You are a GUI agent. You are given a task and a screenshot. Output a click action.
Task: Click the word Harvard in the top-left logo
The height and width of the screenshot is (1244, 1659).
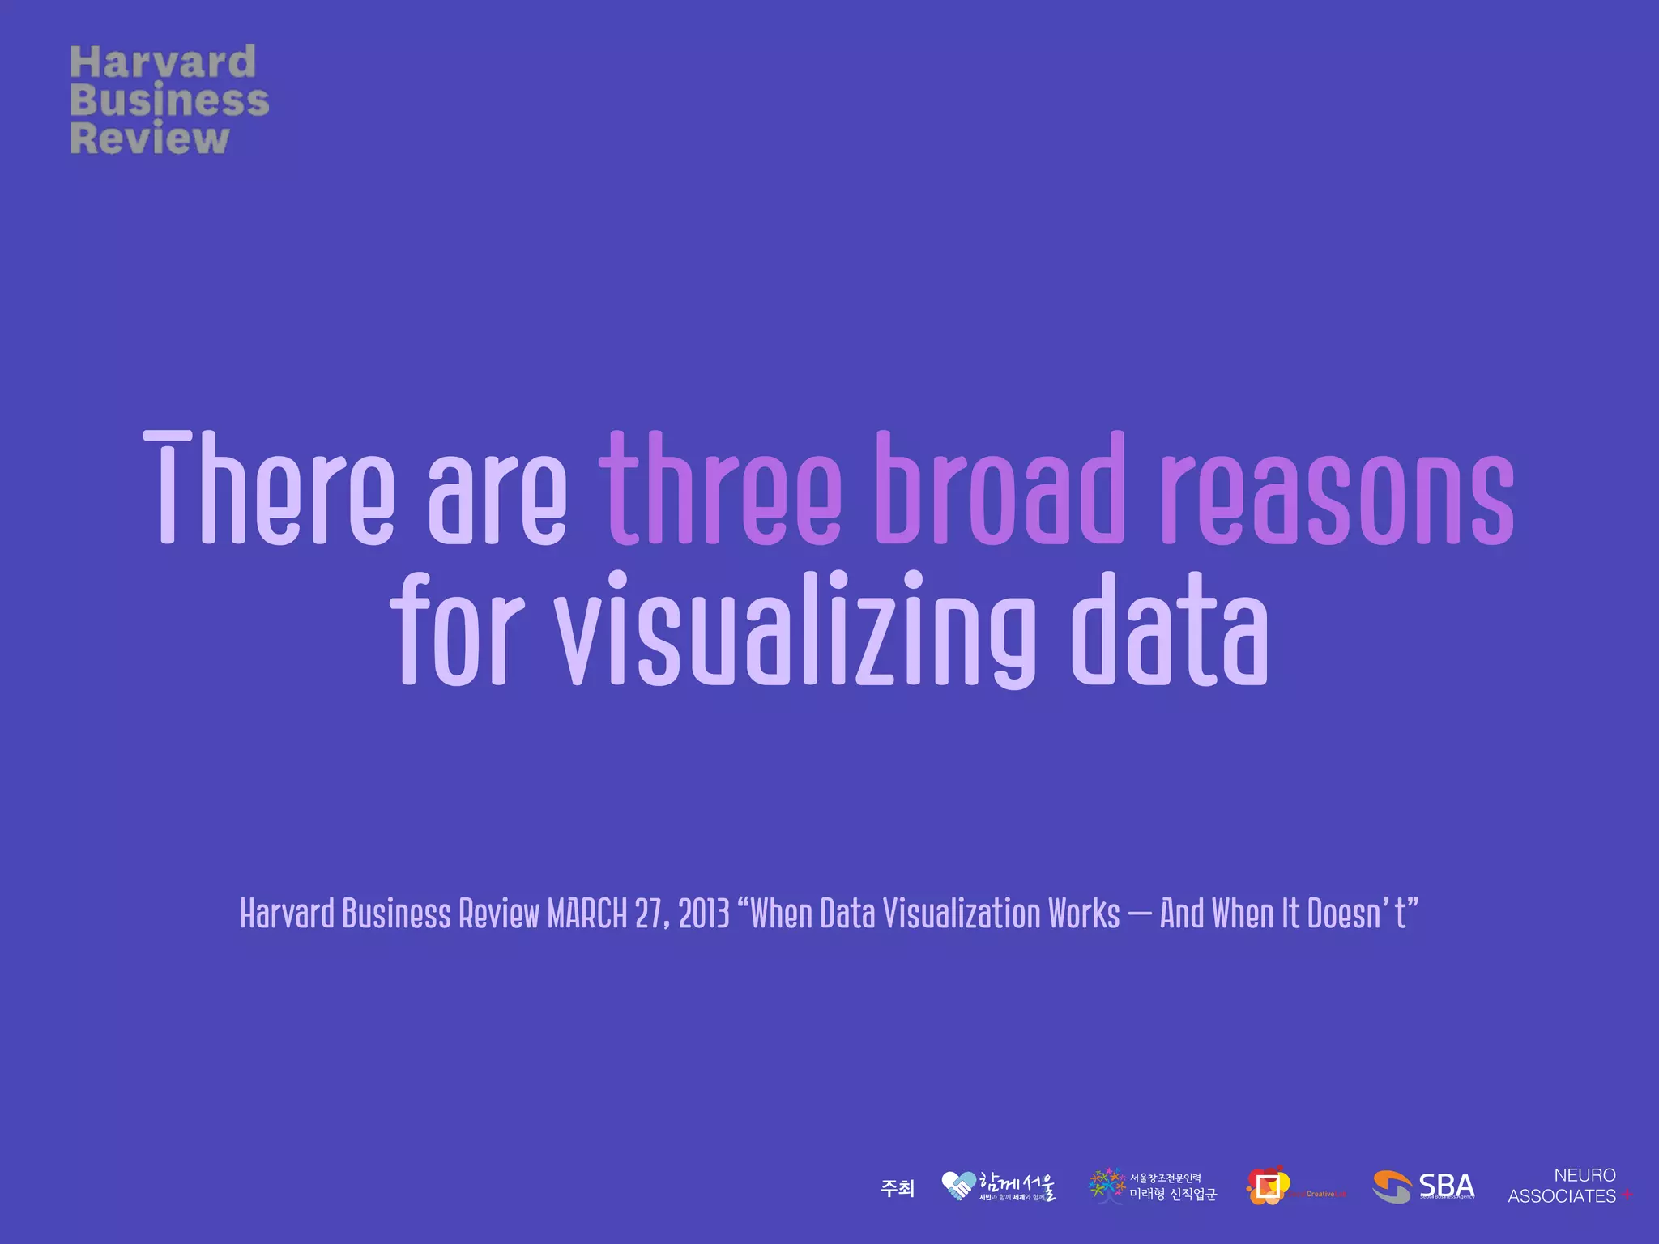163,63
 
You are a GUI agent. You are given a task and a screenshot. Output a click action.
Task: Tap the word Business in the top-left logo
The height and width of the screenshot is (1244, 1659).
169,100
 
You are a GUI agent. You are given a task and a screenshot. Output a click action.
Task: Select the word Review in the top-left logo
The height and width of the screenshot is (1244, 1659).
150,138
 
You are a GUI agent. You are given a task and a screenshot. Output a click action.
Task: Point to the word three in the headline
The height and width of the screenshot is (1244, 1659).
720,488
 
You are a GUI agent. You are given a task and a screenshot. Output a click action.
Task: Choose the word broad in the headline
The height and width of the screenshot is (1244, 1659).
1000,488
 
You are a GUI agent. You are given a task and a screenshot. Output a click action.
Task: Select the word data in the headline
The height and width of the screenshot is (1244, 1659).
1170,630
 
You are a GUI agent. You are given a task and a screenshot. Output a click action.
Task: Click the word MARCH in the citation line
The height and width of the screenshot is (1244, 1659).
587,914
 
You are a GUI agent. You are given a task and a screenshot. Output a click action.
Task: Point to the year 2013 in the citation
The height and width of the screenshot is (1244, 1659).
704,914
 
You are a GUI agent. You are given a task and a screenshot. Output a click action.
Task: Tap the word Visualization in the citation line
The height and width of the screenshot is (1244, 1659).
961,914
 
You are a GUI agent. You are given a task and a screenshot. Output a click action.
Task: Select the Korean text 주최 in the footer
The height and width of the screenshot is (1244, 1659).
898,1188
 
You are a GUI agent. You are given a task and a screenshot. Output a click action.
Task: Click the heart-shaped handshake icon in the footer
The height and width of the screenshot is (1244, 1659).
959,1186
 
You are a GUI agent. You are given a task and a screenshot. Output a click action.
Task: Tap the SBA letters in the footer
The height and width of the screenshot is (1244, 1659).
1446,1186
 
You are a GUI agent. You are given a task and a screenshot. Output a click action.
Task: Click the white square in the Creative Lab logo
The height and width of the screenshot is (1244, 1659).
1269,1186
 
